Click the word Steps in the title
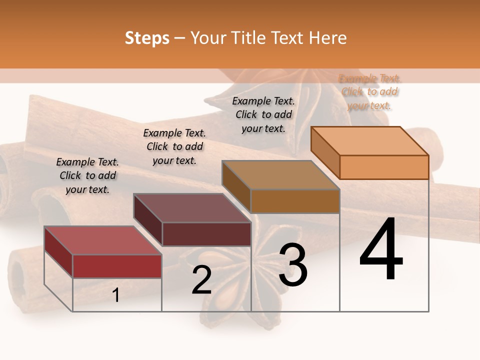[x=147, y=38]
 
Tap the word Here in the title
[x=327, y=38]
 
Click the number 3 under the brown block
[x=293, y=265]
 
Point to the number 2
[x=201, y=279]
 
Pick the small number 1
[x=116, y=295]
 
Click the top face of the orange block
[x=370, y=140]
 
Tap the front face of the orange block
[x=384, y=167]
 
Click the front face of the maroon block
[x=206, y=234]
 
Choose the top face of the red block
[x=103, y=240]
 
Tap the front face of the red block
[x=117, y=266]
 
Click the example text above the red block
[x=87, y=175]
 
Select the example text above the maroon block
[x=174, y=146]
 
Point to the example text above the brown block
[x=263, y=114]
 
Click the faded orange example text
[x=369, y=91]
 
